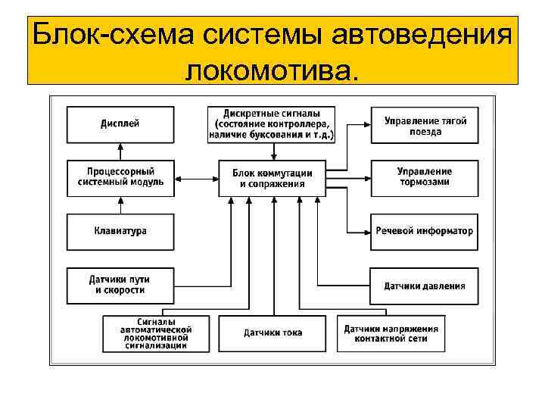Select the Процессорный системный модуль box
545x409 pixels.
(x=120, y=178)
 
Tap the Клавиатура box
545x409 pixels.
(x=120, y=230)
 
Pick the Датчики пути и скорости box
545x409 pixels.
(x=120, y=285)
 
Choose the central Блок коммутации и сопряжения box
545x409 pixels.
(x=272, y=178)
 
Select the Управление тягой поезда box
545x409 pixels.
(x=424, y=124)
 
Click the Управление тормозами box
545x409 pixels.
(x=424, y=178)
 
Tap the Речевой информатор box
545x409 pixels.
(x=424, y=230)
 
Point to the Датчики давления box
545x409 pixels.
(x=424, y=286)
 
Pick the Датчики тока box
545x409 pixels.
(x=272, y=333)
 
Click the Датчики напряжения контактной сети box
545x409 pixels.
(x=391, y=333)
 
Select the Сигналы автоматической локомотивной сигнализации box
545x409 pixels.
(x=156, y=333)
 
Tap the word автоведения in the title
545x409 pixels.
(x=425, y=35)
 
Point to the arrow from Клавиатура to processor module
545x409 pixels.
(x=120, y=205)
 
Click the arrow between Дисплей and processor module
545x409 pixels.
(x=120, y=151)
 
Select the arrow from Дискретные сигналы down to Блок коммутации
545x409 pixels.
(x=272, y=151)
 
